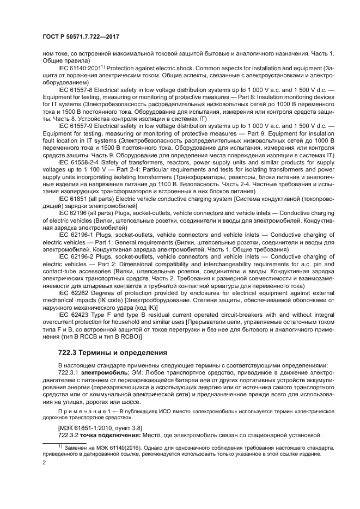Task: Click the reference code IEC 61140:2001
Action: (x=80, y=67)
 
